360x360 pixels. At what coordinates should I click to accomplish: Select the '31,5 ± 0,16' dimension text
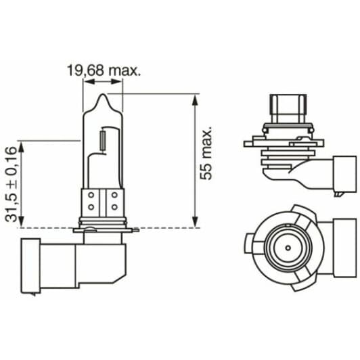(x=11, y=183)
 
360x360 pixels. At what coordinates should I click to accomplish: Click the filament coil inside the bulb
(x=102, y=141)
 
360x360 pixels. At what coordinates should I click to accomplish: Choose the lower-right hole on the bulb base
(x=114, y=205)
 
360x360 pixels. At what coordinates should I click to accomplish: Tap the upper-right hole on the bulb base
(x=114, y=194)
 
